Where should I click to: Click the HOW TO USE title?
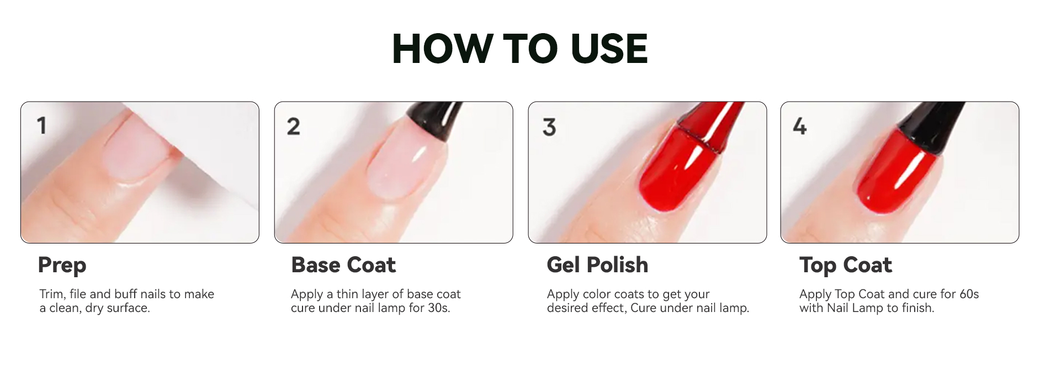(519, 49)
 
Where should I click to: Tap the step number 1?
(41, 125)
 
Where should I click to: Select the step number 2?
(294, 126)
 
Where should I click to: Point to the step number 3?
(549, 127)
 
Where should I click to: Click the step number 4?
(800, 126)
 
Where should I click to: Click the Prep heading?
(62, 266)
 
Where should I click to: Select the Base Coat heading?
(343, 265)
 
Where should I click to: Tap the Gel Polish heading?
(597, 265)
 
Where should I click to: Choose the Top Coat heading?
(845, 266)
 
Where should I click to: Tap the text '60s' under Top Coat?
(969, 294)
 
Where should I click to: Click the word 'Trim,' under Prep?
(52, 294)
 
